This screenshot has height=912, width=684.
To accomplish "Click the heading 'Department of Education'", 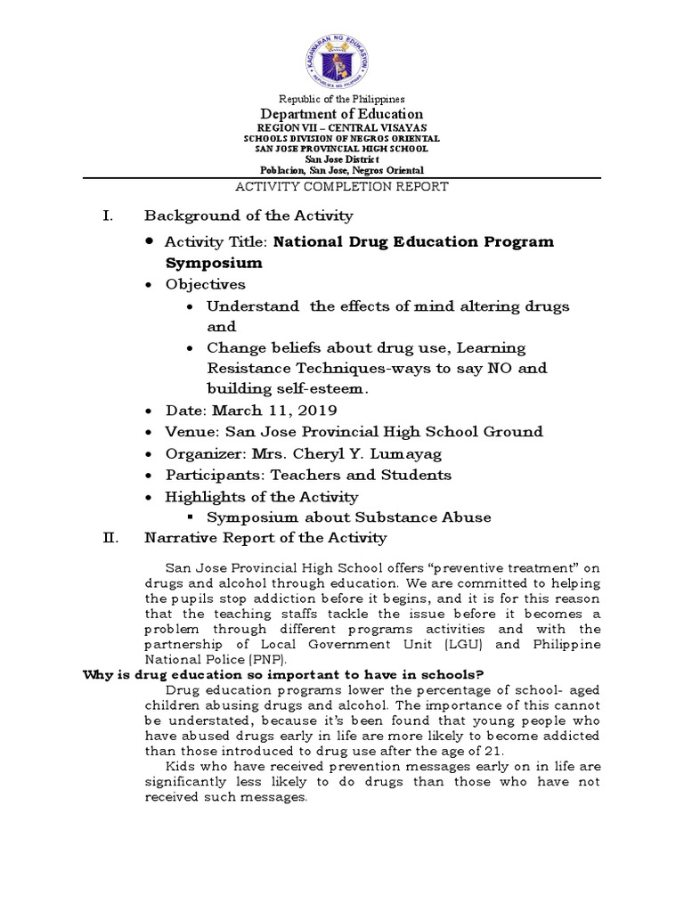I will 341,114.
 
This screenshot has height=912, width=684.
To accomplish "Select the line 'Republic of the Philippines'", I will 342,99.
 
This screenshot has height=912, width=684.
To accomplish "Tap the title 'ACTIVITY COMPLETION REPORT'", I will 341,187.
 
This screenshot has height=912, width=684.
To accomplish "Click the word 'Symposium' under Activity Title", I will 214,263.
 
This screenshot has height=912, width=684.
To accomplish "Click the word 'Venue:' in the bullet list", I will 192,432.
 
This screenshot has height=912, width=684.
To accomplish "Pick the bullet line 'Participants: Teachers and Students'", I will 308,475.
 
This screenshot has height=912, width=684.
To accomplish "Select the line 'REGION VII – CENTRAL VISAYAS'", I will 342,128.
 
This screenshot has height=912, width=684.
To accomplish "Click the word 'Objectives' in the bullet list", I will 205,284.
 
